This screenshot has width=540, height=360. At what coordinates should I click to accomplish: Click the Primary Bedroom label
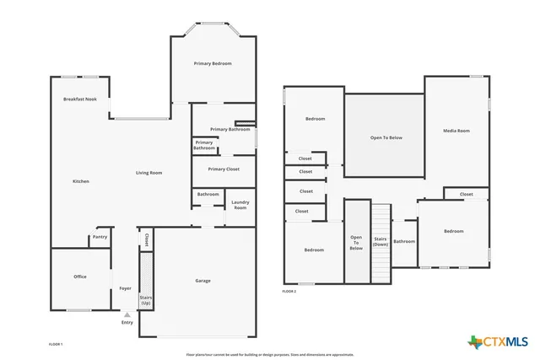click(x=213, y=64)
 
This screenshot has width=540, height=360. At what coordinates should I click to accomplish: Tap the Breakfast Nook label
click(x=80, y=99)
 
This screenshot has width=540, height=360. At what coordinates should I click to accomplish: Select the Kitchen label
click(x=81, y=181)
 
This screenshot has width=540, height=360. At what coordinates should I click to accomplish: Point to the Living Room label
click(x=149, y=173)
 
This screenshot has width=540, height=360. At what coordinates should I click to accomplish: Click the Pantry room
click(x=100, y=238)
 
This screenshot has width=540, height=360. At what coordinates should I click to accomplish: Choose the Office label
click(x=80, y=277)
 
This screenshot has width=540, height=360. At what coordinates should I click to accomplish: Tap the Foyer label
click(x=125, y=288)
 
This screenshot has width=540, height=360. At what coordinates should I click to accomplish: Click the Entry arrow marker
click(x=127, y=314)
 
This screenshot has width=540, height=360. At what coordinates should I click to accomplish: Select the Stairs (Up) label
click(x=145, y=299)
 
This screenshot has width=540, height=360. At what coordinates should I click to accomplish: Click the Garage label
click(x=202, y=281)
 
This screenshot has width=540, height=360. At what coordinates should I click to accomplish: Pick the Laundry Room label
click(x=240, y=205)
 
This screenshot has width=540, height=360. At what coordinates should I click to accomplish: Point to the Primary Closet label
click(x=224, y=169)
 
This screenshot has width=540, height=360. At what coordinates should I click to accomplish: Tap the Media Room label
click(x=456, y=131)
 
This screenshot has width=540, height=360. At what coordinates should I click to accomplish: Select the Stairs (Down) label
click(x=381, y=241)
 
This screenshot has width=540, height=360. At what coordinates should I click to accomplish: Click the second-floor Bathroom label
click(x=404, y=242)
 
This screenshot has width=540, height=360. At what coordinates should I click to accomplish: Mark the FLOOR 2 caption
click(x=289, y=292)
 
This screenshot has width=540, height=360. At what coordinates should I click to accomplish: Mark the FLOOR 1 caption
click(x=56, y=344)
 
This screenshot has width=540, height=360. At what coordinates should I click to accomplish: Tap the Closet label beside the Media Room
click(x=466, y=194)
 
